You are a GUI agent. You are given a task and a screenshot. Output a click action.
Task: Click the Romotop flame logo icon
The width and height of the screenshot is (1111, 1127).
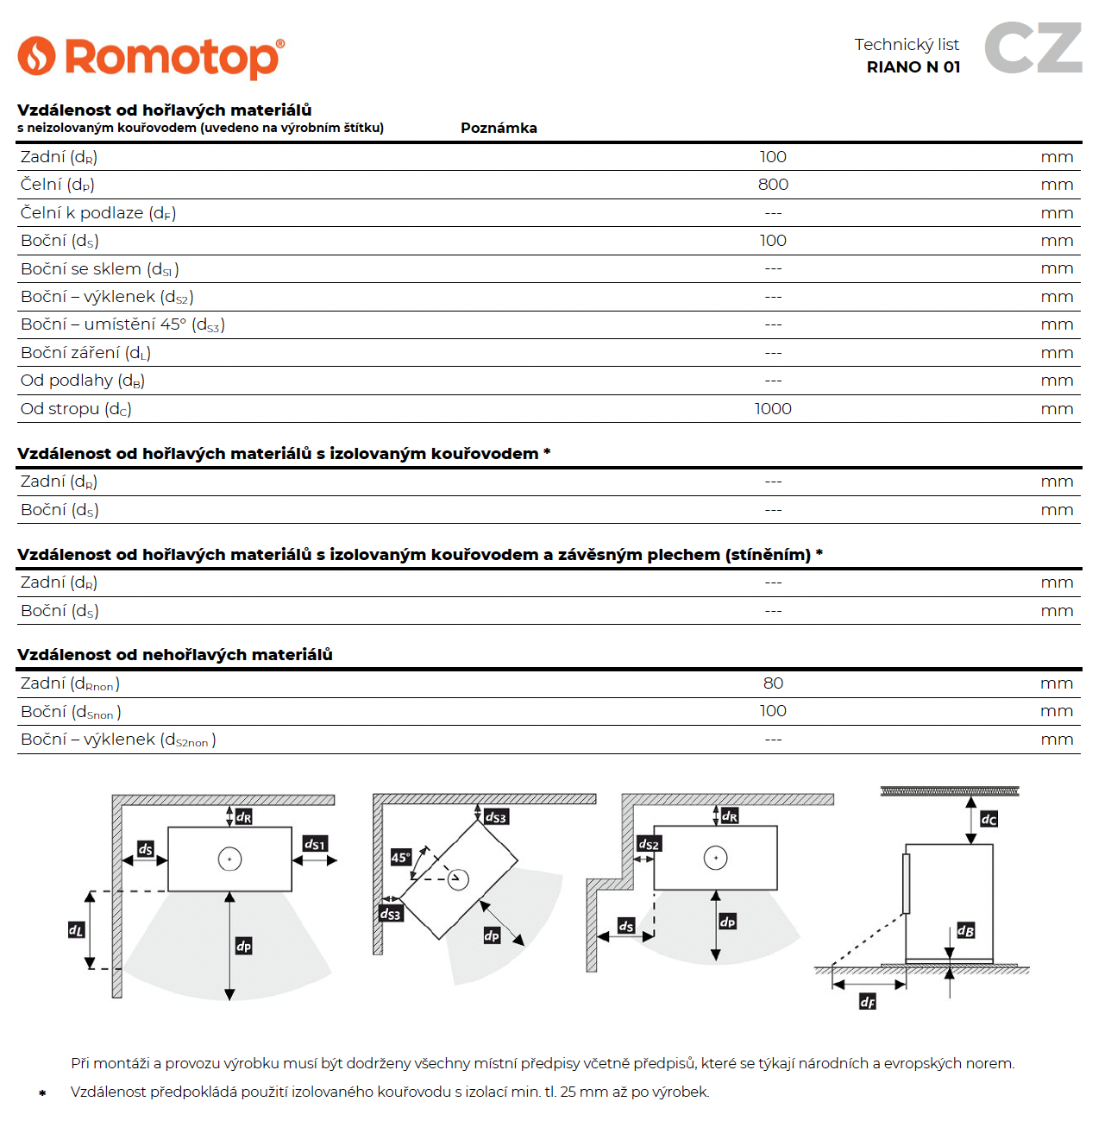(36, 56)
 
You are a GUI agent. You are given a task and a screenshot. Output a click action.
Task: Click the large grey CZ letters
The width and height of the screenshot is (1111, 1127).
(1033, 48)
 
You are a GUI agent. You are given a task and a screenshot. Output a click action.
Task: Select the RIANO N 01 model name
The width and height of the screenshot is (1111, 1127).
(913, 67)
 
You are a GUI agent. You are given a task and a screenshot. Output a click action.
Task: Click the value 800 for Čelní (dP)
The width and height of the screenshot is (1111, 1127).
(773, 185)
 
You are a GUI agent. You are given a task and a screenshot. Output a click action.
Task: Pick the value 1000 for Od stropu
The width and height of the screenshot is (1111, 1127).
(773, 409)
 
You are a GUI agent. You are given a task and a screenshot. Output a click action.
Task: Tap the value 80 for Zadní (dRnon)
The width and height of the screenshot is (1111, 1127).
(773, 683)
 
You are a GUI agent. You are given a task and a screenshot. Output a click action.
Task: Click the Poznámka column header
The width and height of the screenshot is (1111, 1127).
(499, 128)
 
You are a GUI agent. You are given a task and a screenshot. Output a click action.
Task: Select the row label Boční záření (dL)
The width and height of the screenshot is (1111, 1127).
(85, 353)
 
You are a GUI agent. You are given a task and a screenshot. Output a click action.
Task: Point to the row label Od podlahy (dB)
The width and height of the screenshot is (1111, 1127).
(83, 381)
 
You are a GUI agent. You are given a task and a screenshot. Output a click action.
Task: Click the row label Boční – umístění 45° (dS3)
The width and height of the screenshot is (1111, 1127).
(122, 324)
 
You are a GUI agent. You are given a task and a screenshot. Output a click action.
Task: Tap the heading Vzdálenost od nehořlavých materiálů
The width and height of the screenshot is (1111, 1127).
(175, 655)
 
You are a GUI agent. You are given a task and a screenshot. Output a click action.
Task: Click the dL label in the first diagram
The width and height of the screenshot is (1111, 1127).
(77, 930)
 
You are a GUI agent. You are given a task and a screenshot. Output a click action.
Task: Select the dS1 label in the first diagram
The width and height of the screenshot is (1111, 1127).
(315, 844)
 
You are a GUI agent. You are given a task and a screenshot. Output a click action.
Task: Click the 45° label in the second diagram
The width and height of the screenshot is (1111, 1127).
(400, 857)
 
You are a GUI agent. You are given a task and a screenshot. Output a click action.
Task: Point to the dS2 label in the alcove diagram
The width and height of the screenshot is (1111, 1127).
(648, 844)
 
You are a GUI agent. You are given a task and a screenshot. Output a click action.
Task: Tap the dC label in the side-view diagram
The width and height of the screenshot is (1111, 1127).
(989, 819)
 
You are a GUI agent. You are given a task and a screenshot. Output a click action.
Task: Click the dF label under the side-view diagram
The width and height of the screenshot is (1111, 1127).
(868, 1001)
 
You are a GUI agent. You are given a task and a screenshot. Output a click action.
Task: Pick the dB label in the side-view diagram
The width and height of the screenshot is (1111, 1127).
(966, 930)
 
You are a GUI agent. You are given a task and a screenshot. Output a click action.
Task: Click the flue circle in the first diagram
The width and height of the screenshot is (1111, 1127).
(229, 859)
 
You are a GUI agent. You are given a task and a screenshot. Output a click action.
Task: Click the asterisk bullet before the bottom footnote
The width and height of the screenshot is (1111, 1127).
(42, 1093)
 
